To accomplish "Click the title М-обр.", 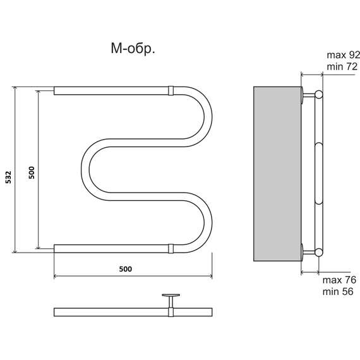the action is (133, 49).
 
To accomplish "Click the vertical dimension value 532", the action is (8, 177).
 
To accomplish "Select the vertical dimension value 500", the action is (32, 172).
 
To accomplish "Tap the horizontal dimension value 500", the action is (125, 269).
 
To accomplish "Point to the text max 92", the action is (343, 55).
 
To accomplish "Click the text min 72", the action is (342, 66).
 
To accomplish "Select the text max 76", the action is (339, 280).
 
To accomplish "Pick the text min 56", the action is (338, 292).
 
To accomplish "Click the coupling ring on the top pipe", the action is (171, 90).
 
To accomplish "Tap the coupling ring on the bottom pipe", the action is (171, 248).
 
